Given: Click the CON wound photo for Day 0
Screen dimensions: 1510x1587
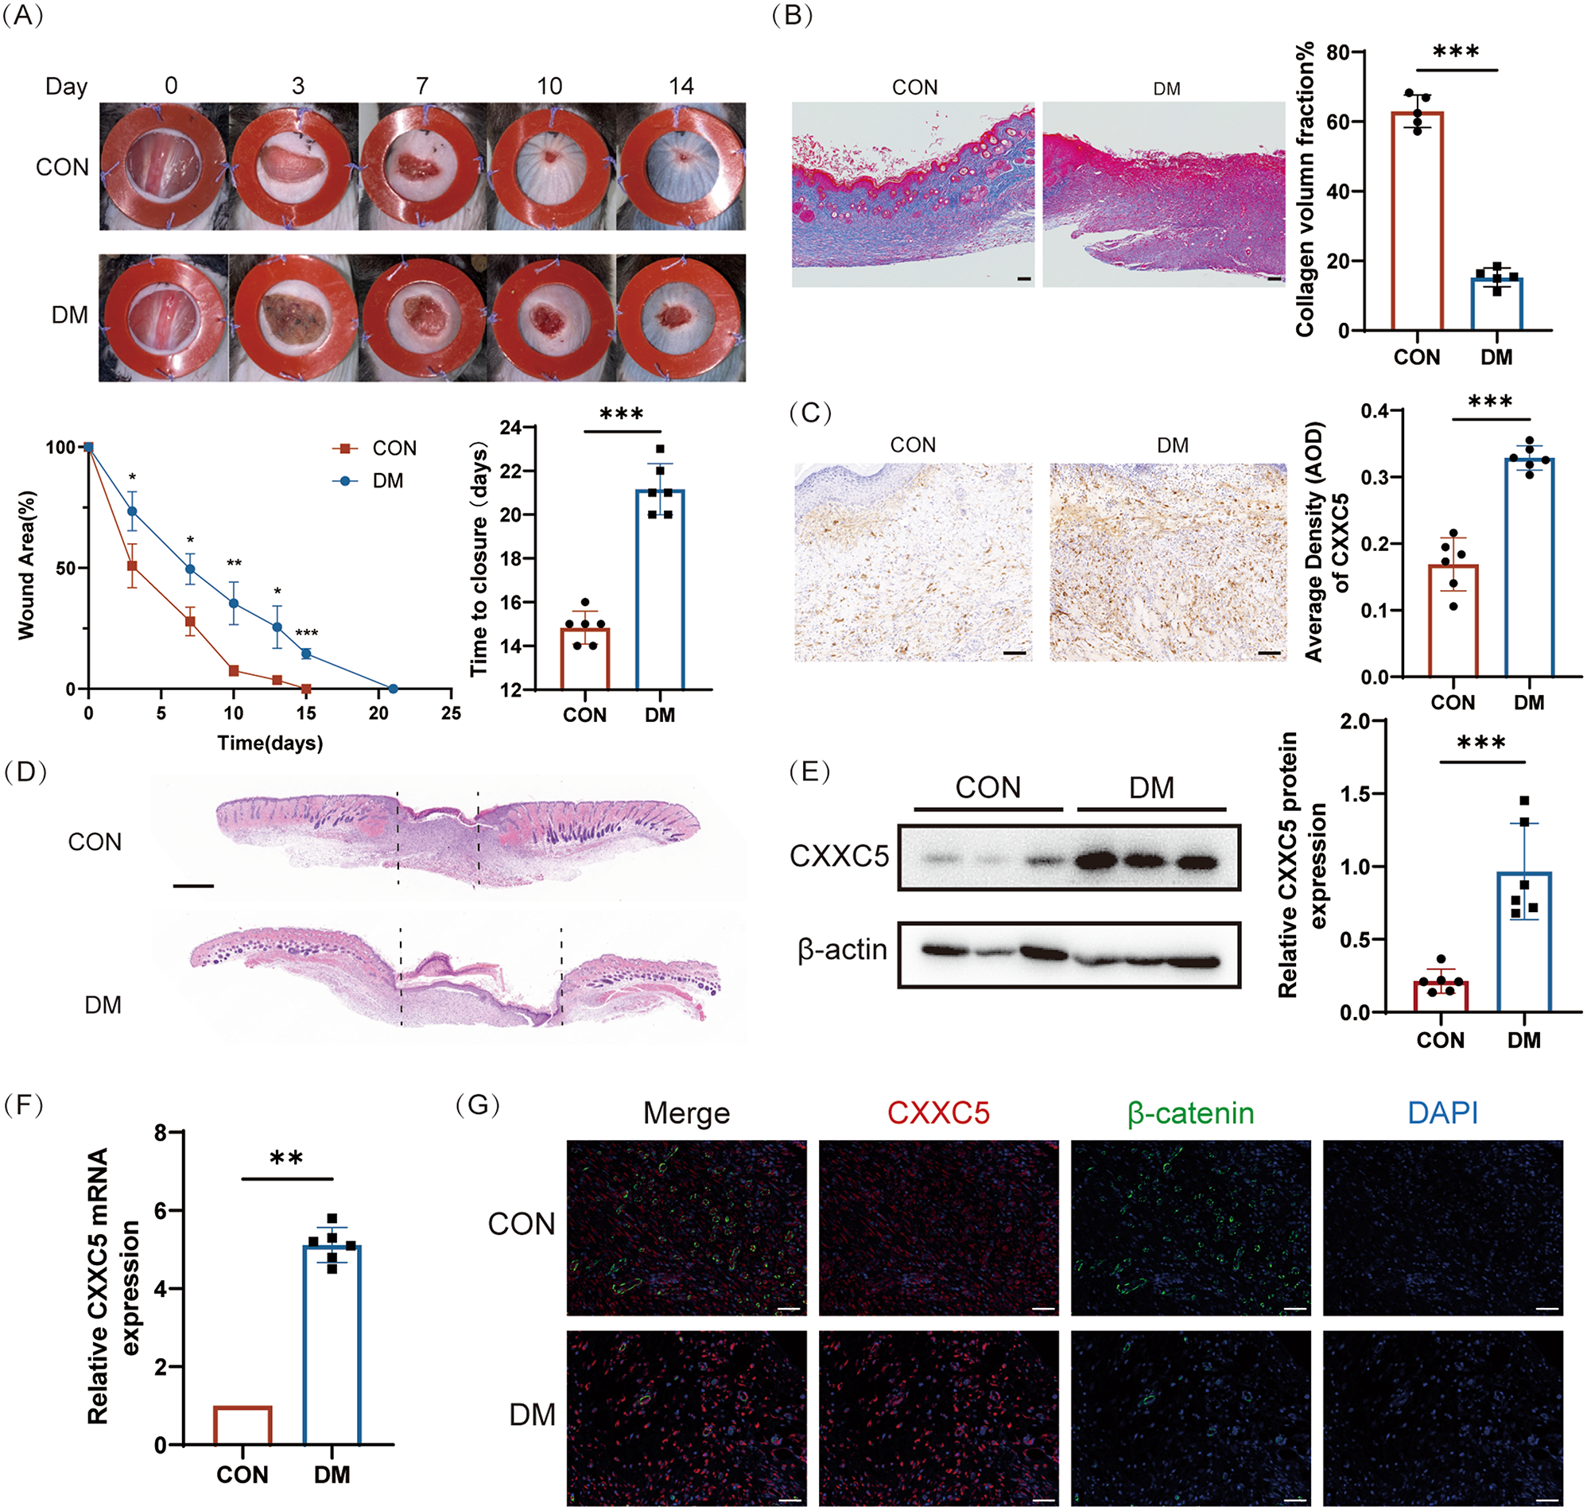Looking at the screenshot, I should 164,167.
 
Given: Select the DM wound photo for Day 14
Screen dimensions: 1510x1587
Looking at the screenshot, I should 681,317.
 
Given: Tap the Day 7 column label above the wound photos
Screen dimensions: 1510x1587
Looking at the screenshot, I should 421,86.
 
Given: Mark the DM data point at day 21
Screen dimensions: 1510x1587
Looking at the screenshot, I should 393,689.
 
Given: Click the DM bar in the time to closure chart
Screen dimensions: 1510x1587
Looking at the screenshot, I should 660,589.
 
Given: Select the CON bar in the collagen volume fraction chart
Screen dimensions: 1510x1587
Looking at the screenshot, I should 1417,220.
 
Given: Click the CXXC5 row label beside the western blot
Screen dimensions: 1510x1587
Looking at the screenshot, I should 839,856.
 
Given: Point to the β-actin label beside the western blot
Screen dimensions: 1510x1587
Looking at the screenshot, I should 842,949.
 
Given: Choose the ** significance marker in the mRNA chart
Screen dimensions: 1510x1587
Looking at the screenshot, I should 286,1159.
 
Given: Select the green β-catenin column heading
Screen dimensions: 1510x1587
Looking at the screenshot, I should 1190,1113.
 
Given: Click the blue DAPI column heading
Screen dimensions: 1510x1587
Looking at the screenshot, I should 1442,1113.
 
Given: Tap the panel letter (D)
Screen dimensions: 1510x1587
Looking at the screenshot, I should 25,772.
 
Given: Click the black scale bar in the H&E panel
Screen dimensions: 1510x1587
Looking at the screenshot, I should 193,886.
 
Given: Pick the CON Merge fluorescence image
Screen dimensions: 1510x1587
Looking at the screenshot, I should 686,1227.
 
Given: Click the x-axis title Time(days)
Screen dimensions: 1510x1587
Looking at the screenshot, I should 270,742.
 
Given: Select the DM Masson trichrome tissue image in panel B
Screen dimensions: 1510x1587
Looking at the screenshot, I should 1164,194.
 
